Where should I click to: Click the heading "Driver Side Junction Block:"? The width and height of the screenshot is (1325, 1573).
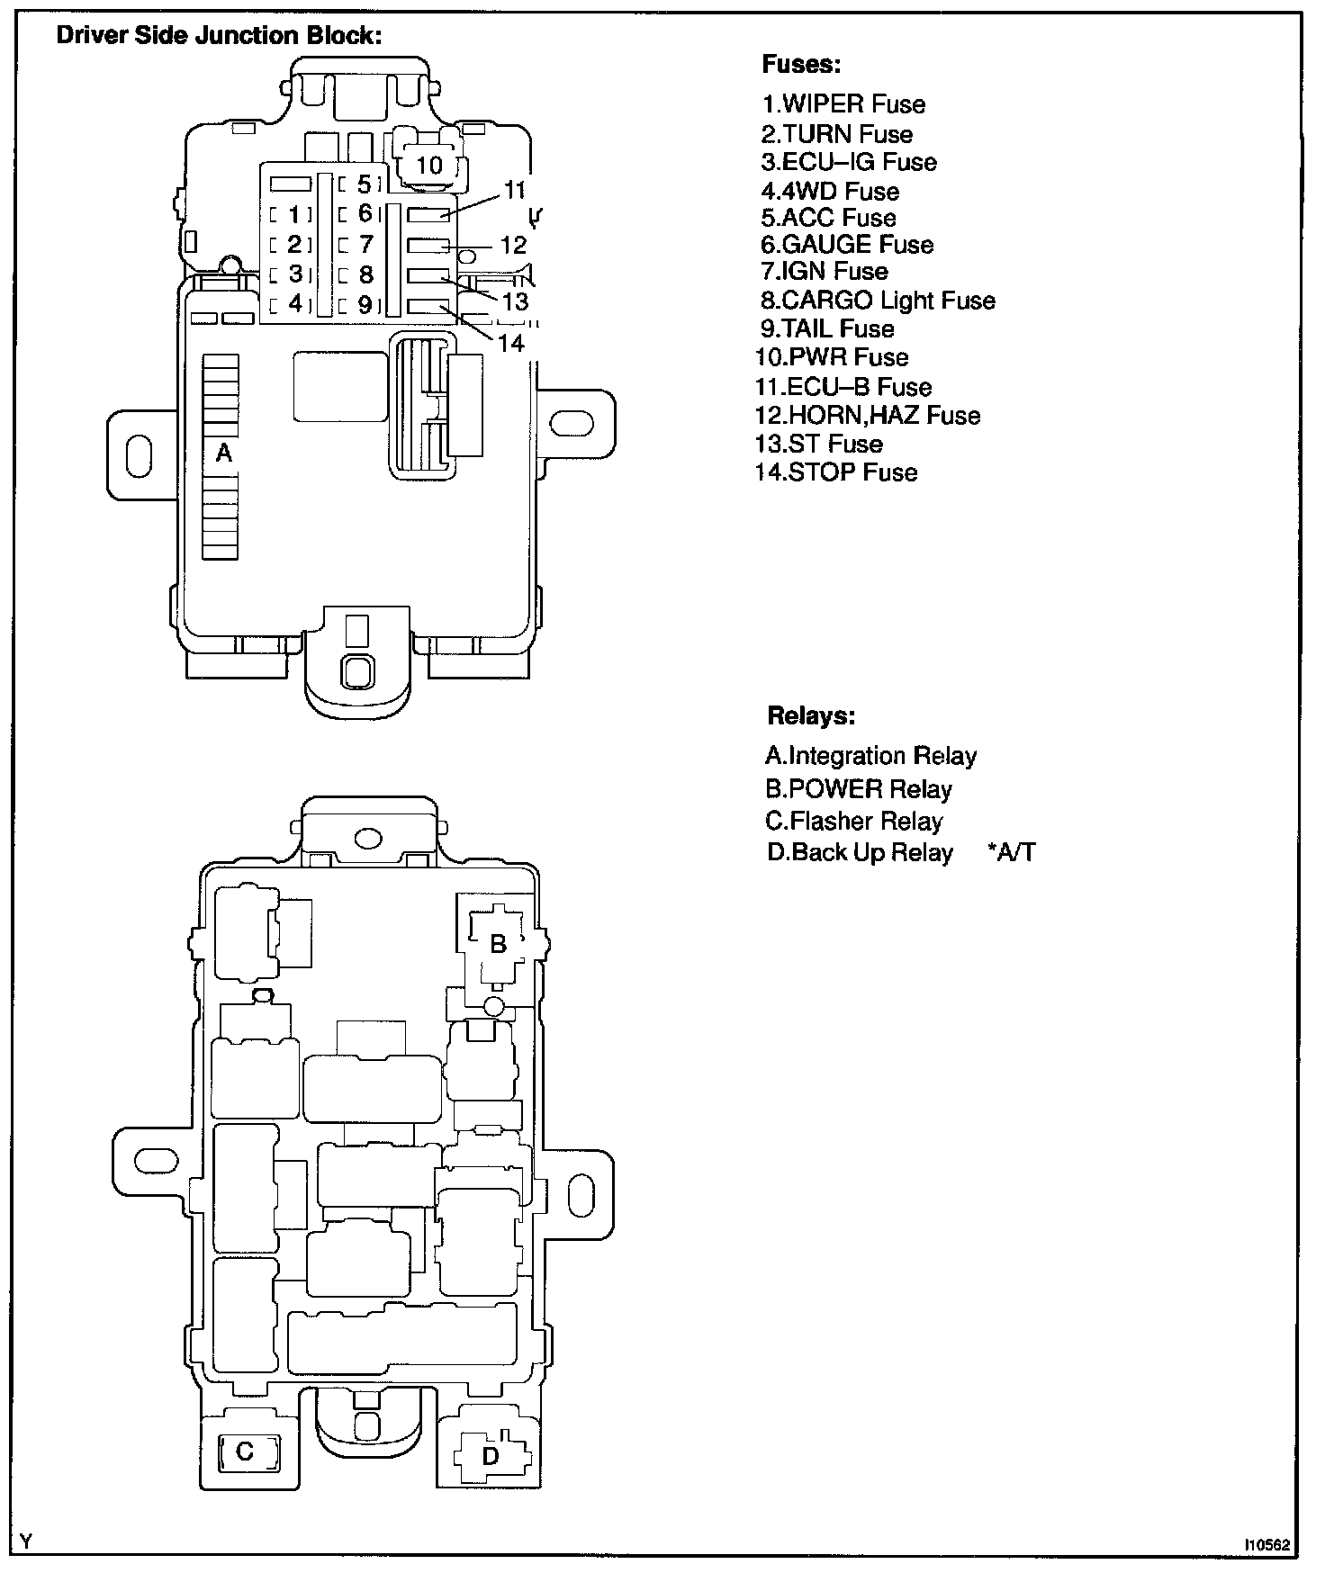[220, 36]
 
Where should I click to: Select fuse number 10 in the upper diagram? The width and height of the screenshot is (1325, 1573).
[430, 166]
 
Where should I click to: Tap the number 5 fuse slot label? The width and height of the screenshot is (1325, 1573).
[364, 184]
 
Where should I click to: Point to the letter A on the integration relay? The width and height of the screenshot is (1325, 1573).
[223, 453]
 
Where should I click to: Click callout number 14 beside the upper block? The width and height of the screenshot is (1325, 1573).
[510, 343]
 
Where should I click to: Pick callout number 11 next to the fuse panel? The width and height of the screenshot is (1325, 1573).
[513, 190]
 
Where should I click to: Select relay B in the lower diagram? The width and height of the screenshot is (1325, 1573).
[497, 944]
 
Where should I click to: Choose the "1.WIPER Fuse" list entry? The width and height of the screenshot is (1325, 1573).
[843, 104]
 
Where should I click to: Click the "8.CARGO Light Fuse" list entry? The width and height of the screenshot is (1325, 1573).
[878, 301]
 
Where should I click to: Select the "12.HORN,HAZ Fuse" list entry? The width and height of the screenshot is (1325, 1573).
[868, 416]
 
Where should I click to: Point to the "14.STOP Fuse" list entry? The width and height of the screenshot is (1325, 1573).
[836, 472]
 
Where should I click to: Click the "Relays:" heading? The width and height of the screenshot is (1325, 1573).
[810, 716]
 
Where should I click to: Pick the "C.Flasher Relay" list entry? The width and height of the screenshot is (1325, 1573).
[853, 821]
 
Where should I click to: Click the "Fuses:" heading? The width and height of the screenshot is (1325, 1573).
[801, 65]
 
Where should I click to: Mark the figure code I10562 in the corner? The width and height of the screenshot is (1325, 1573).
[1266, 1544]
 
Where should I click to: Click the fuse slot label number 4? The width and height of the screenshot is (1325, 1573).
[294, 303]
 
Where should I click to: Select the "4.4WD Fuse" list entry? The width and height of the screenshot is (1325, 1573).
[830, 191]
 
